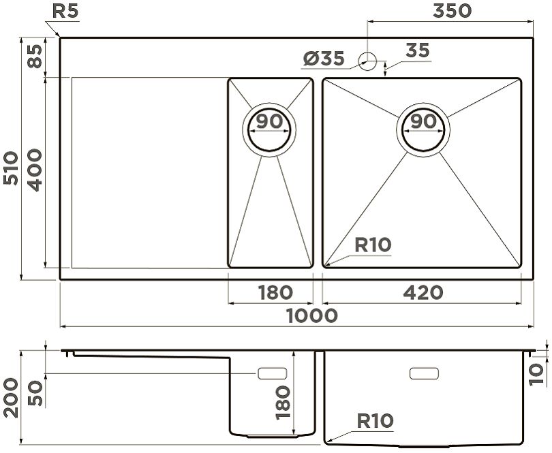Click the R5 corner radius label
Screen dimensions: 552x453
tap(65, 12)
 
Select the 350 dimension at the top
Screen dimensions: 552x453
tap(452, 11)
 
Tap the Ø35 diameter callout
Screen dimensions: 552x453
tap(324, 59)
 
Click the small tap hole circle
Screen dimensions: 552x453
tap(367, 61)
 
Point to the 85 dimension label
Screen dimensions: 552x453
tap(35, 57)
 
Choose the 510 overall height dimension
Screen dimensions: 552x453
tap(10, 168)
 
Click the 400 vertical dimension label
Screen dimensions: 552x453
tap(35, 170)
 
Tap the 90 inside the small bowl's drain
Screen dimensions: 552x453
tap(269, 121)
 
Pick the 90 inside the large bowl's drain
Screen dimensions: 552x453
tap(423, 121)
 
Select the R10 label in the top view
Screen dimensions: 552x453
tap(373, 245)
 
